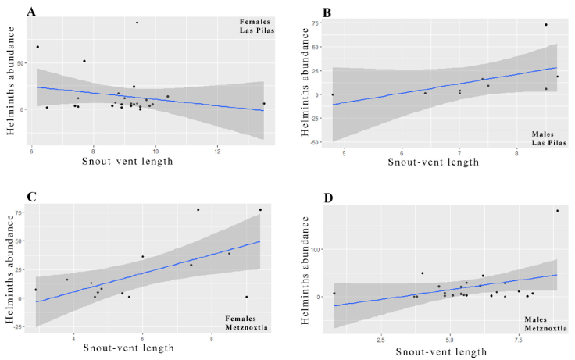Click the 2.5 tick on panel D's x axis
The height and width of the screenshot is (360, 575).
point(381,340)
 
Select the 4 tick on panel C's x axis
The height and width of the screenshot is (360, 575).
point(73,340)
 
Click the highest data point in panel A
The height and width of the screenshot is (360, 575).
point(137,23)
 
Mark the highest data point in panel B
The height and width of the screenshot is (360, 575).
point(546,25)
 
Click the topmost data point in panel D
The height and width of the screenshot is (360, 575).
point(557,211)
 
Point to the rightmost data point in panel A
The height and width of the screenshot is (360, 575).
point(264,104)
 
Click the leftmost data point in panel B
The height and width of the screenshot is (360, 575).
point(333,95)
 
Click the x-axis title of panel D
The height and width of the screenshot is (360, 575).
point(446,353)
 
